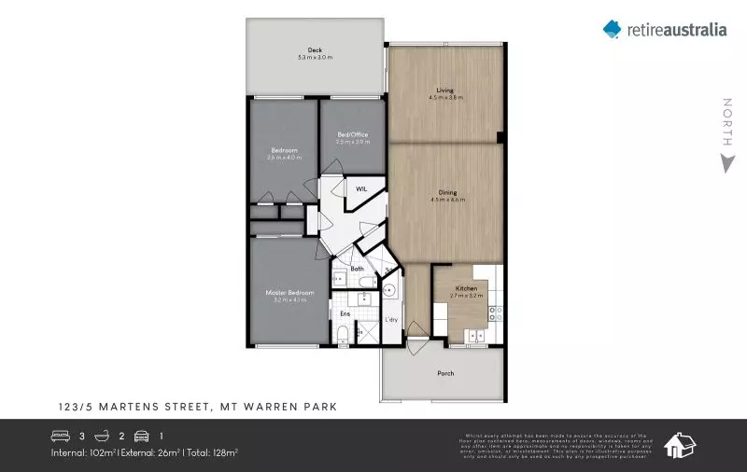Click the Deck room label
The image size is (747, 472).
tap(315, 50)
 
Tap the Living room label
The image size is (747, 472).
tap(445, 90)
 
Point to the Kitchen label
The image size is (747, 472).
tap(466, 289)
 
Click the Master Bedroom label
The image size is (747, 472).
tap(289, 292)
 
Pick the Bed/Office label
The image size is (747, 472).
tap(352, 134)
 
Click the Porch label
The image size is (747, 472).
tap(445, 373)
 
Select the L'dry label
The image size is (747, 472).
tap(392, 321)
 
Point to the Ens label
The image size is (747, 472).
tap(345, 313)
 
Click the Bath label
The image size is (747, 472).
tap(357, 269)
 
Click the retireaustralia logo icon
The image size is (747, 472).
tap(612, 29)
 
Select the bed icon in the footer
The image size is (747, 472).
tap(61, 436)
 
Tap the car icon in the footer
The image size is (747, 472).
tap(142, 436)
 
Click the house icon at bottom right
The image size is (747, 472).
tap(680, 445)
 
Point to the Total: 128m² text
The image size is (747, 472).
tap(213, 452)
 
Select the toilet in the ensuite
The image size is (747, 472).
tap(343, 333)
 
